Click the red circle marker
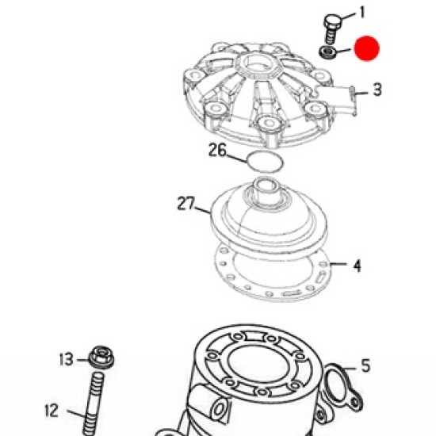[x=367, y=48]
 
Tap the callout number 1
[x=361, y=13]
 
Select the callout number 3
[x=377, y=90]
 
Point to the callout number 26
[x=217, y=150]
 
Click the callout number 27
[x=186, y=203]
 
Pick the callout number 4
[x=358, y=266]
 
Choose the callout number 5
[x=366, y=365]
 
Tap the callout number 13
[x=66, y=359]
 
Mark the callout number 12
[x=52, y=411]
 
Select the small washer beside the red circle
[x=327, y=52]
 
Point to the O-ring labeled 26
[x=266, y=161]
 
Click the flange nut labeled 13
[x=101, y=358]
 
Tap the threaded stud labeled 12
[x=94, y=403]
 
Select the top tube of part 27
[x=266, y=191]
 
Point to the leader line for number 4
[x=338, y=264]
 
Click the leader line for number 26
[x=236, y=158]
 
